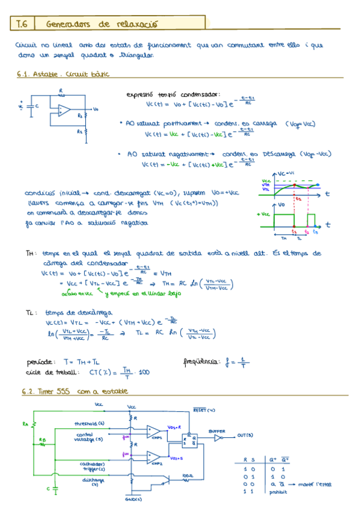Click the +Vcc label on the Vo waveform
[262, 214]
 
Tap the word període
[40, 363]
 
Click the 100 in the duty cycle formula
[144, 373]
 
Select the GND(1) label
[133, 499]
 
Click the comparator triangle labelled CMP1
[153, 432]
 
